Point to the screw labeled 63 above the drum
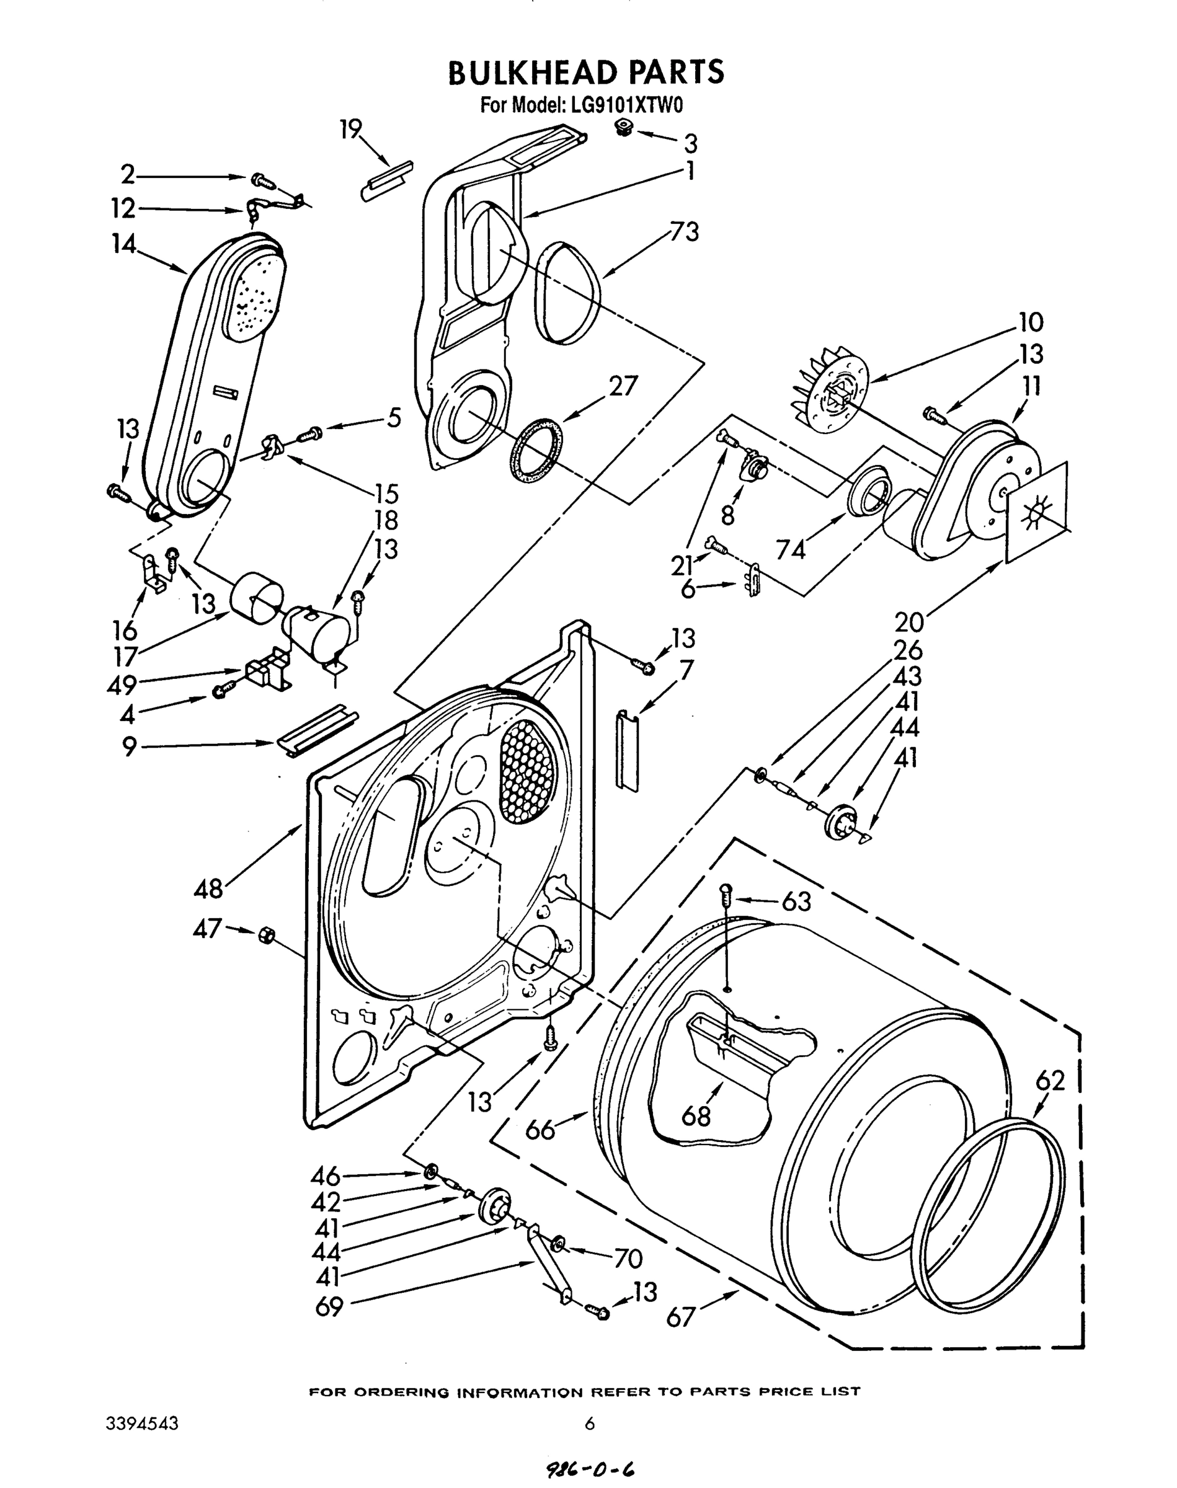[725, 895]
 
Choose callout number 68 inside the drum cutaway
[696, 1114]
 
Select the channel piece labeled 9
[317, 732]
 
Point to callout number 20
[909, 622]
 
